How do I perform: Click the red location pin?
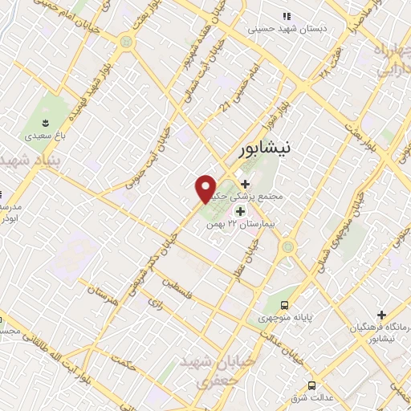pos(206,188)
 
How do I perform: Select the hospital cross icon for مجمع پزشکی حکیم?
pos(245,184)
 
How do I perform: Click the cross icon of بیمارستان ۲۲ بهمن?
pos(239,210)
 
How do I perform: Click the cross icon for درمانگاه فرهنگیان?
pos(381,315)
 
